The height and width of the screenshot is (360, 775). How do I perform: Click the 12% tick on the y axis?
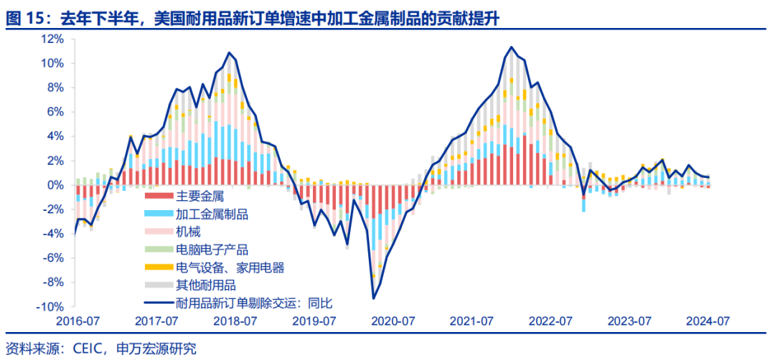tap(54, 39)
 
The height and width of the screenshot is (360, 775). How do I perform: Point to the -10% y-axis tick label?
tap(52, 306)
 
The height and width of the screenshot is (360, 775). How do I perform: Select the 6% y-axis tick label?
tap(57, 112)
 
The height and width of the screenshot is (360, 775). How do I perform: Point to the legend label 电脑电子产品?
tap(212, 250)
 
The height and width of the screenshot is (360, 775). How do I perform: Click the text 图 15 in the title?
tap(22, 19)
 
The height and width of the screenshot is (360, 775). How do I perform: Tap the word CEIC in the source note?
tap(88, 349)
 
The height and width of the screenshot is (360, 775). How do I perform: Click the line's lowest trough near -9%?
tap(374, 298)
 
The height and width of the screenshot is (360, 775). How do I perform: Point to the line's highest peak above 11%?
tap(511, 48)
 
